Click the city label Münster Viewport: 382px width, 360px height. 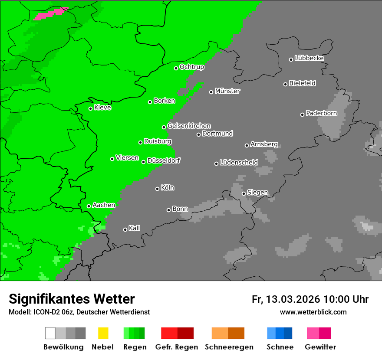(227, 91)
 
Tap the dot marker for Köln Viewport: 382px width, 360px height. (157, 189)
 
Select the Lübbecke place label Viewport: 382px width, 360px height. (309, 58)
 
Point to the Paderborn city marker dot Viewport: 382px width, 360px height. (302, 115)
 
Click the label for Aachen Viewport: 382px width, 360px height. (104, 205)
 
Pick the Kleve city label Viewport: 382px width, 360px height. (102, 108)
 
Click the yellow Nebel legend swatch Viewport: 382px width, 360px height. (103, 333)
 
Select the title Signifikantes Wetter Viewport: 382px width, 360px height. (72, 299)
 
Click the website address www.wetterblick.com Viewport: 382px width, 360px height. (313, 312)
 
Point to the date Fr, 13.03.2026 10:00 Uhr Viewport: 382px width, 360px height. (310, 299)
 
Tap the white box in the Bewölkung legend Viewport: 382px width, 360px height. (50, 333)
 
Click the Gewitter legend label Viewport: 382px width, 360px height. (320, 347)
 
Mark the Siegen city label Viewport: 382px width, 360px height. (257, 193)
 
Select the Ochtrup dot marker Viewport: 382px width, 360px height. (176, 68)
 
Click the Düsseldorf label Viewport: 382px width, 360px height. (164, 160)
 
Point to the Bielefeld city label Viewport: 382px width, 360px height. (302, 83)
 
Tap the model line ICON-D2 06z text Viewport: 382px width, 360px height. (79, 312)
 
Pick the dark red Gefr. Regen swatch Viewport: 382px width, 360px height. (185, 333)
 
